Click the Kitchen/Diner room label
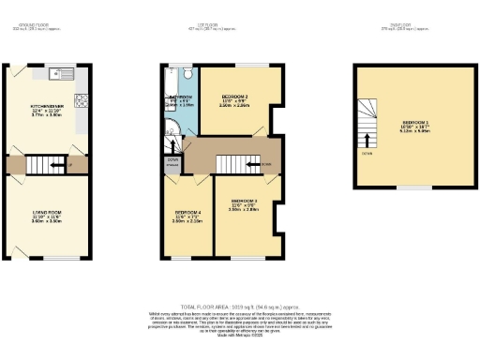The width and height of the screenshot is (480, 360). pyautogui.click(x=47, y=110)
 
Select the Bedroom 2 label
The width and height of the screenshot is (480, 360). pyautogui.click(x=235, y=97)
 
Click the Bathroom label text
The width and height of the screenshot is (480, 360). pyautogui.click(x=180, y=97)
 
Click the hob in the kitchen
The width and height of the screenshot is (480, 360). pyautogui.click(x=82, y=98)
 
